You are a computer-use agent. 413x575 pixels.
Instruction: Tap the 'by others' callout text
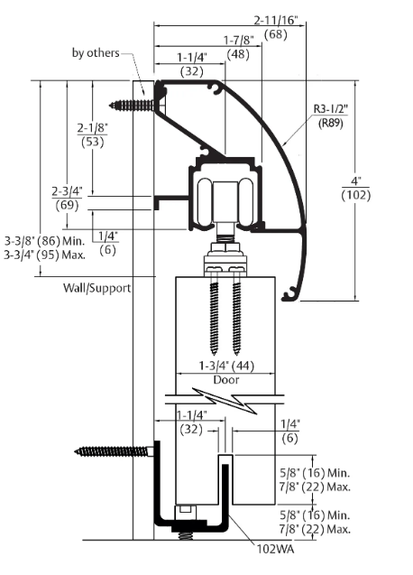95,53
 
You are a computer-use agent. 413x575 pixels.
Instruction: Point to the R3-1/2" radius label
333,110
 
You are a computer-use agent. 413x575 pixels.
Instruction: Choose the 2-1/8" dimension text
93,127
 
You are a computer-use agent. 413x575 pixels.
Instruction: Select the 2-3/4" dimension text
68,191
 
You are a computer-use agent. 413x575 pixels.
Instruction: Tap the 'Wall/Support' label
96,287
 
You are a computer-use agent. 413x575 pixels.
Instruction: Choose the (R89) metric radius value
332,125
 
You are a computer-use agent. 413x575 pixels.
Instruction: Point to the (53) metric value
93,143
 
